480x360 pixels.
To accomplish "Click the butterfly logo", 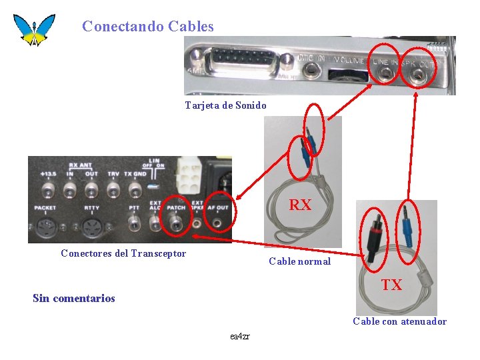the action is pyautogui.click(x=33, y=29).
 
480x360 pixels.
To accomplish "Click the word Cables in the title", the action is pyautogui.click(x=191, y=27).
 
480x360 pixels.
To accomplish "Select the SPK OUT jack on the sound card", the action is pyautogui.click(x=418, y=76).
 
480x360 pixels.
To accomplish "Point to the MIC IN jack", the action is pyautogui.click(x=287, y=62).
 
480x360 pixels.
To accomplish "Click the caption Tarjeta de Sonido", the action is pyautogui.click(x=225, y=105).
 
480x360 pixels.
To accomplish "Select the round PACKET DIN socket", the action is pyautogui.click(x=45, y=227).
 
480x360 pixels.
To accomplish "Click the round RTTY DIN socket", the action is pyautogui.click(x=91, y=227).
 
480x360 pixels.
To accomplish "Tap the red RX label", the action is pyautogui.click(x=300, y=205).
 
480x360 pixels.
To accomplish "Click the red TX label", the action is pyautogui.click(x=391, y=285).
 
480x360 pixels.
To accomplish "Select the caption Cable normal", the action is pyautogui.click(x=299, y=261).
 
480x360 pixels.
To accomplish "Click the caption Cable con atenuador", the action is pyautogui.click(x=399, y=321).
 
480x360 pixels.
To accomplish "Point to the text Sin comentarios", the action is pyautogui.click(x=73, y=298).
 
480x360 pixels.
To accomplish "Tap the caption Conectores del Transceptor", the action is pyautogui.click(x=123, y=253).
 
